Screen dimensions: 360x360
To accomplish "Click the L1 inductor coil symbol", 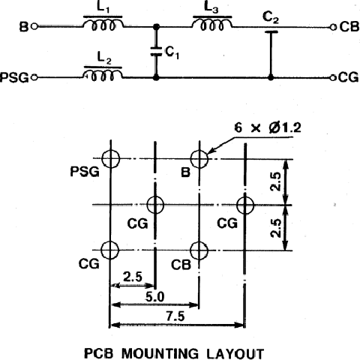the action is [103, 24].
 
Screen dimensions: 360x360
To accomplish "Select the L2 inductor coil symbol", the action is [103, 74].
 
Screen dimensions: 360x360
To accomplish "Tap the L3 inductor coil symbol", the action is [212, 24].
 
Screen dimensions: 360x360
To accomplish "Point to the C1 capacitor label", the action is [172, 52].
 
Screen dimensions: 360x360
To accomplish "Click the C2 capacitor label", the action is [271, 17].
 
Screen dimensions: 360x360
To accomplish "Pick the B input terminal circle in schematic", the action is [34, 26].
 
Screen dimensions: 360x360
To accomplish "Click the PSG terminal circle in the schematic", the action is [34, 77].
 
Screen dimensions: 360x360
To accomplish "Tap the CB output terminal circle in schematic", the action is [333, 27].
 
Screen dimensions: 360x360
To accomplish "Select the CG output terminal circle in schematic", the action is [332, 78].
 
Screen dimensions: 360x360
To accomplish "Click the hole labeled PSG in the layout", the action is [111, 158].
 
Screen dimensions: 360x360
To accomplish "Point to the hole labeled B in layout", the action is [199, 158].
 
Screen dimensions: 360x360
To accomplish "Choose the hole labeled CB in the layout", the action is [199, 250].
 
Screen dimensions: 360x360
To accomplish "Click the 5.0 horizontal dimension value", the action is [155, 297].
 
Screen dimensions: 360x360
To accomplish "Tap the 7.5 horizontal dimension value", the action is [175, 316].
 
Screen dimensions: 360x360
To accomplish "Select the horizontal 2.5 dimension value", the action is [133, 277].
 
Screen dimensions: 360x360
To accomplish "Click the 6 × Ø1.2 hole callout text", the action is [268, 127].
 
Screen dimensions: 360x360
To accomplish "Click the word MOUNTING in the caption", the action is [160, 353].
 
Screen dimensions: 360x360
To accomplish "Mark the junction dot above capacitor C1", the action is [156, 26].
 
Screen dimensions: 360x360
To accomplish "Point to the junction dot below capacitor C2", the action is [271, 78].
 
